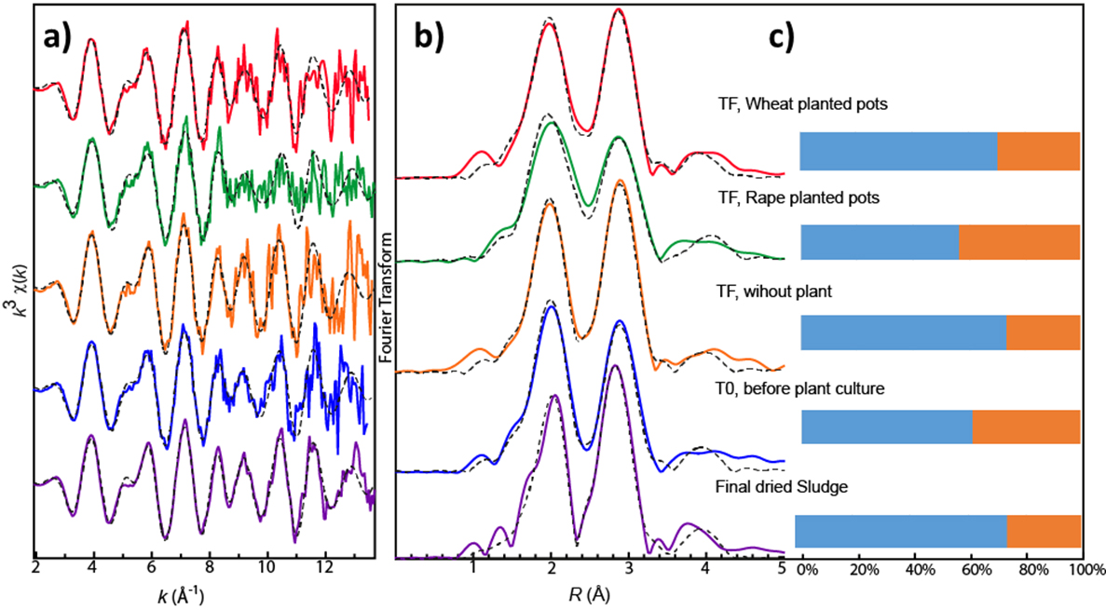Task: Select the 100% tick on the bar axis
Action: pos(1085,566)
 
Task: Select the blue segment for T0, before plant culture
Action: pos(886,427)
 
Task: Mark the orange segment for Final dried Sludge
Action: pos(1044,530)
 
